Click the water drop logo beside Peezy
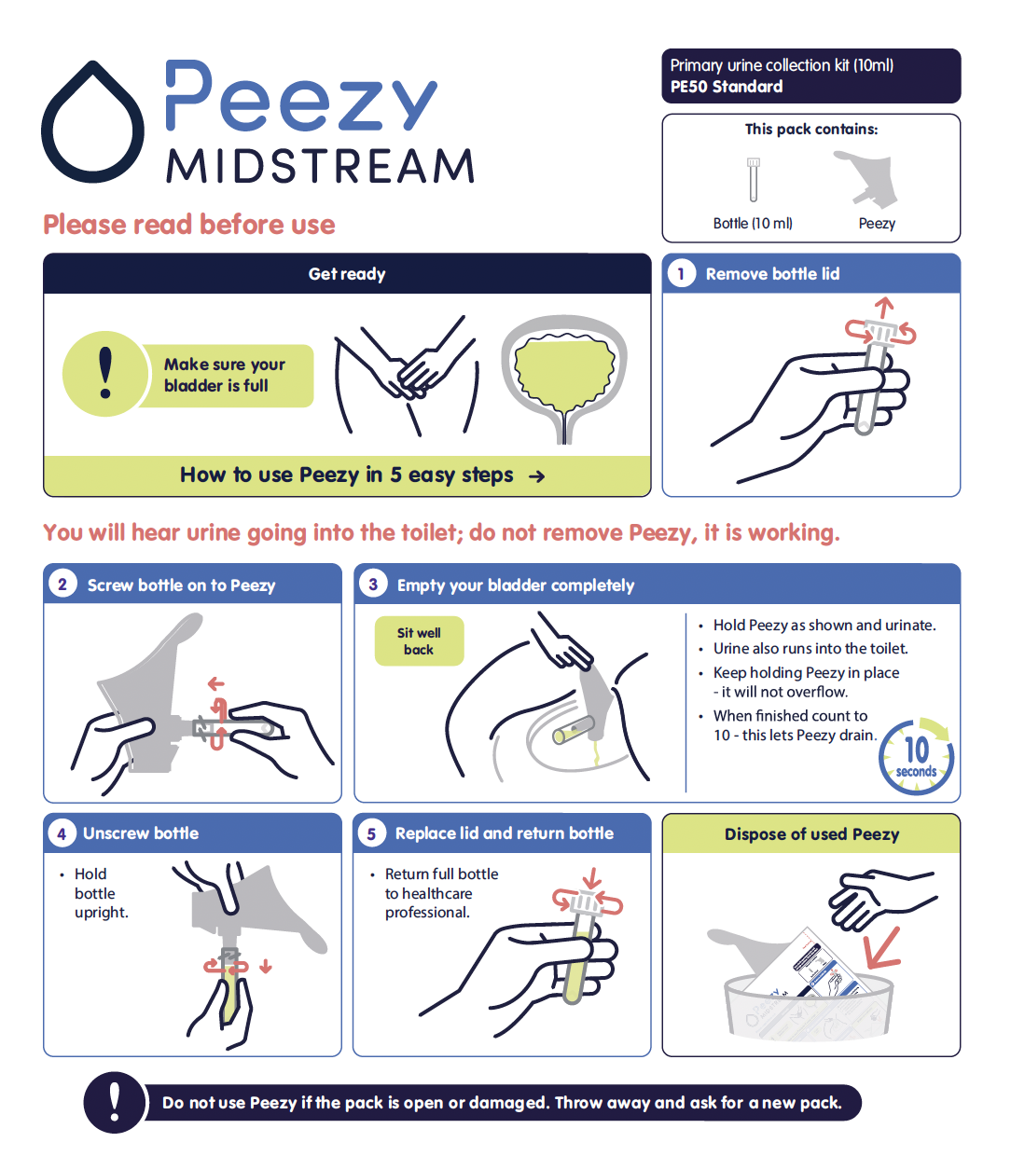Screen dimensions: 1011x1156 tap(92, 123)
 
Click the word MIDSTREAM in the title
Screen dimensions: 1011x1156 tap(321, 166)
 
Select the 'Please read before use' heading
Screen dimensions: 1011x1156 tap(189, 225)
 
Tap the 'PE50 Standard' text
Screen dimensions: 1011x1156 tap(727, 87)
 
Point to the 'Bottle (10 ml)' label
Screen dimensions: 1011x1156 tap(753, 224)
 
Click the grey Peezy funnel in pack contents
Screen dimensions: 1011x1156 tap(867, 178)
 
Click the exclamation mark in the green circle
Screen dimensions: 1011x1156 tap(105, 374)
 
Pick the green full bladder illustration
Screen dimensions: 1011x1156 tap(564, 375)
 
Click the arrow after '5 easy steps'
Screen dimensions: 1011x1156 tap(537, 476)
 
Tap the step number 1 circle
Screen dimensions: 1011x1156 tap(682, 274)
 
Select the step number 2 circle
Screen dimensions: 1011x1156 tap(62, 585)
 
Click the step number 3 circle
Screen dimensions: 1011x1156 tap(373, 585)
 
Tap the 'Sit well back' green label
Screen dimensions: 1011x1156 tap(420, 640)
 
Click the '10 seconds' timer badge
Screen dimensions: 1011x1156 tap(916, 757)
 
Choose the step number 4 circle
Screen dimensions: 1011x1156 tap(62, 833)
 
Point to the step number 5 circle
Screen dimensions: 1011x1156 tap(371, 833)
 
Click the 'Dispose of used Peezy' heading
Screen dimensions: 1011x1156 tap(811, 834)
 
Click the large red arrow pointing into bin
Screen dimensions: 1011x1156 tap(884, 950)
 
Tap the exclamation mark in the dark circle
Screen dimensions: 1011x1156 tap(115, 1102)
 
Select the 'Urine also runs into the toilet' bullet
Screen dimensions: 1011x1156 tap(810, 649)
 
